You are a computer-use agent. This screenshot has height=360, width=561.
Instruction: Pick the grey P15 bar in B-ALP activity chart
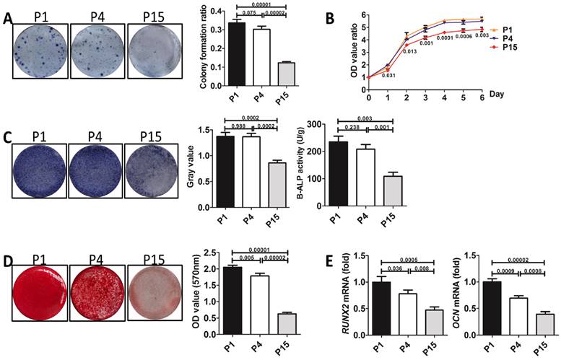pyautogui.click(x=393, y=191)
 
